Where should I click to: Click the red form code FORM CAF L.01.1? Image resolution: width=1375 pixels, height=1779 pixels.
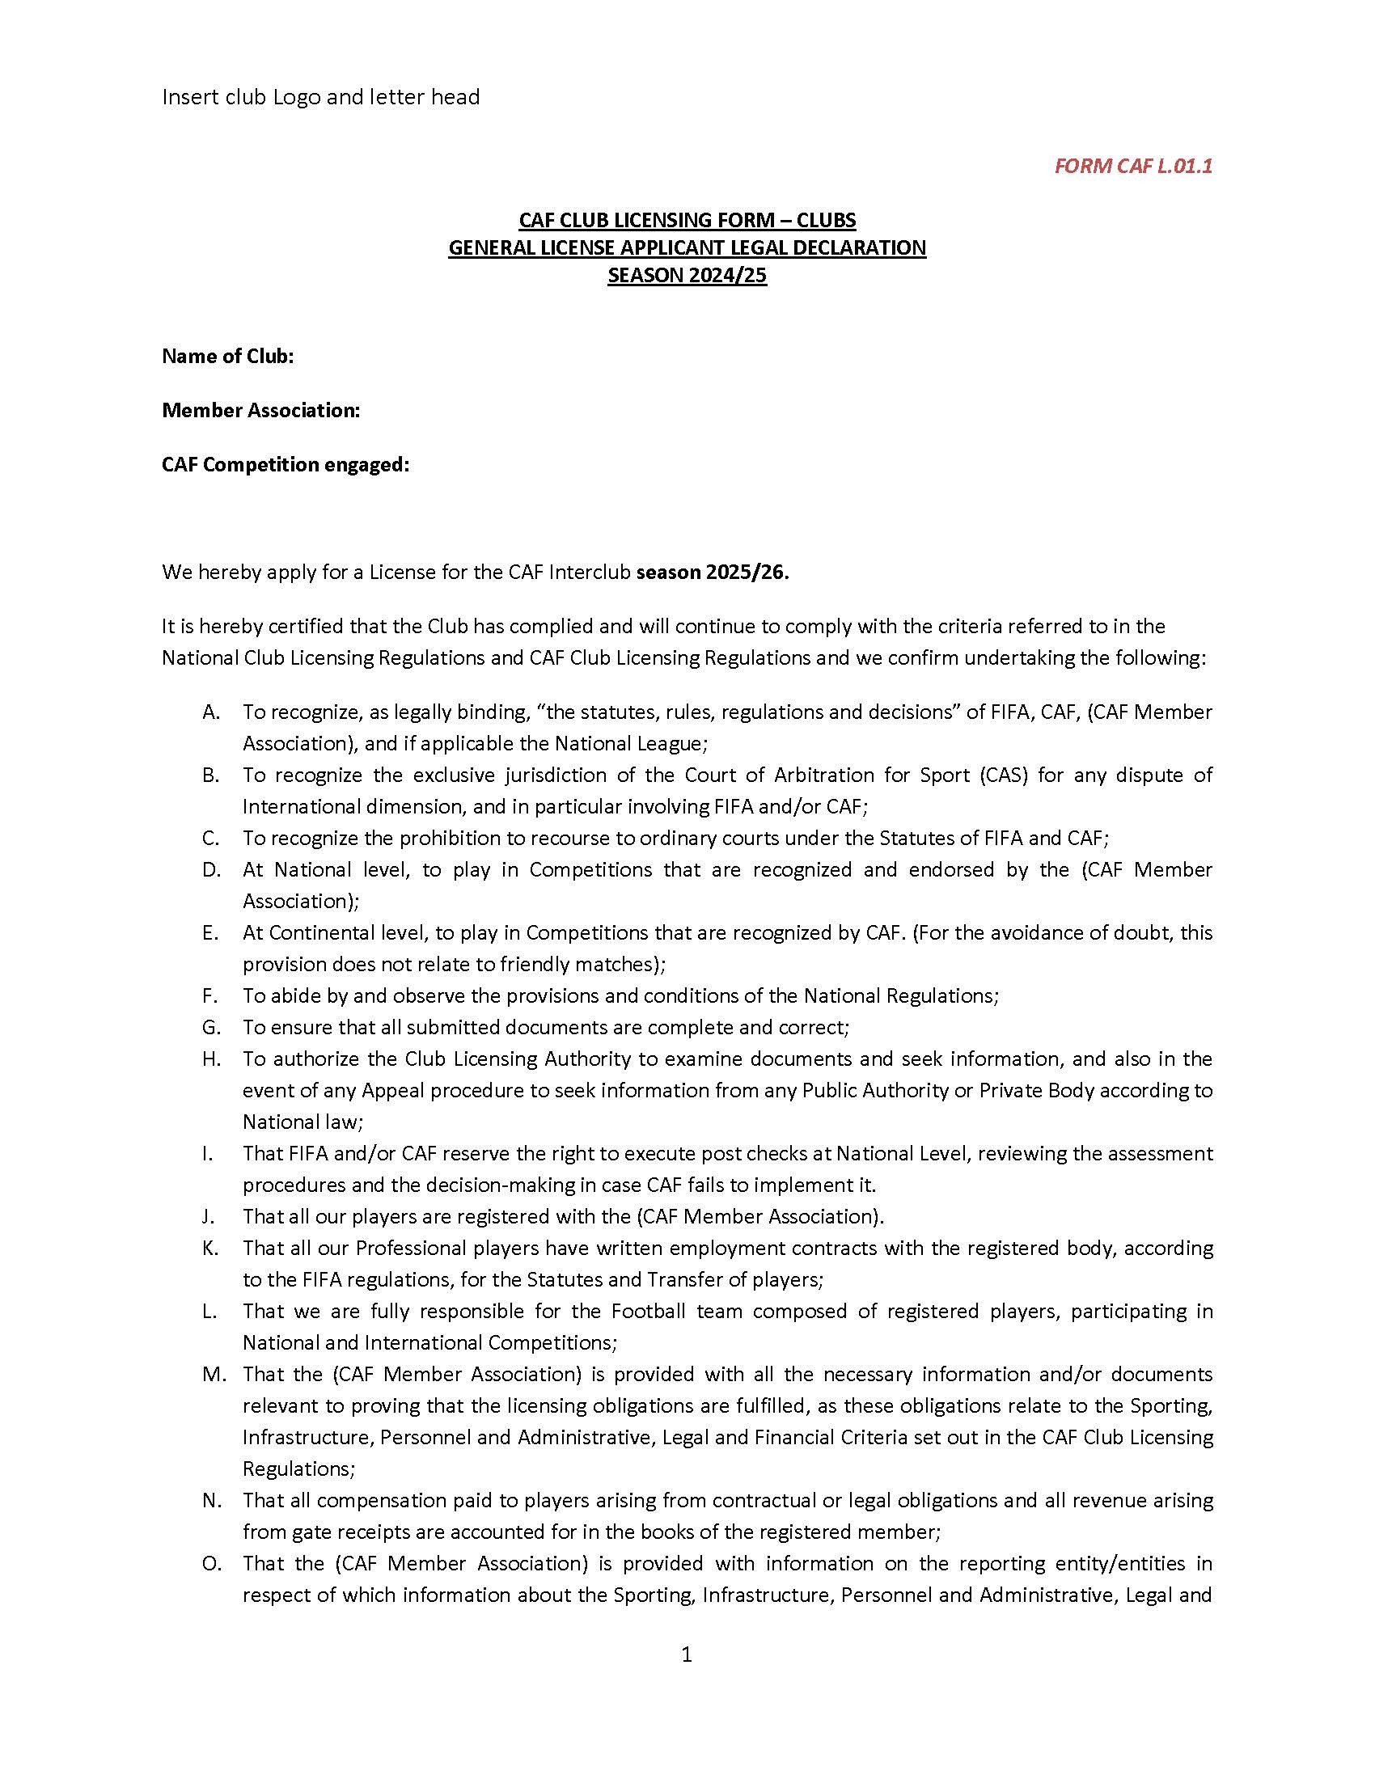click(x=1133, y=166)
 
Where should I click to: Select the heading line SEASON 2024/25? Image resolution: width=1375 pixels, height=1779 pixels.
click(x=687, y=275)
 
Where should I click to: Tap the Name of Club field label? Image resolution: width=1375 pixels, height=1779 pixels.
click(x=228, y=356)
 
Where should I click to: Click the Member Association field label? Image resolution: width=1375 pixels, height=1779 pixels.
click(x=260, y=410)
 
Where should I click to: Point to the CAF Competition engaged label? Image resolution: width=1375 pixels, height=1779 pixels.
click(x=285, y=464)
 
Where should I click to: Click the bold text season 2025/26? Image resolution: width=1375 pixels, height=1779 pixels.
click(x=713, y=572)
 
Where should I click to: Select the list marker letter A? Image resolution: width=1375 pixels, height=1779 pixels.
click(x=211, y=712)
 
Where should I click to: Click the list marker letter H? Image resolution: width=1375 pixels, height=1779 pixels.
click(x=211, y=1059)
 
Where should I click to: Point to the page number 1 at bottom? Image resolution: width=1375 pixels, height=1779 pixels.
click(x=687, y=1654)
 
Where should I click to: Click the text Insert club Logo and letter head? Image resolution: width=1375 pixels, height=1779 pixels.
click(x=321, y=97)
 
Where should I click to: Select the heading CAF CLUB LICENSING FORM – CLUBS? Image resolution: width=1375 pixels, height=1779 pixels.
click(x=687, y=221)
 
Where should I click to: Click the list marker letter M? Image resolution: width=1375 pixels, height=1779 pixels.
click(x=213, y=1374)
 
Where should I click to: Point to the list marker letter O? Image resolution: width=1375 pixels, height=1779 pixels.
click(x=211, y=1563)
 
